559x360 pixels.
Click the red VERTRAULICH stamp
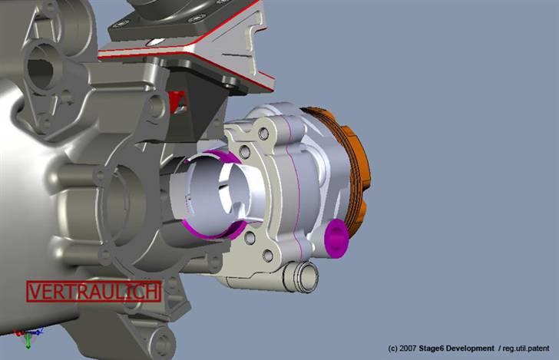click(x=94, y=292)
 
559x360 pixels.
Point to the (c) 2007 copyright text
click(x=402, y=348)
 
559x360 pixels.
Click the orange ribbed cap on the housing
click(x=353, y=165)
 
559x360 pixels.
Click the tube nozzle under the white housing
click(x=301, y=275)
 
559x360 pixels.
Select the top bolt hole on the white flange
click(x=264, y=134)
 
